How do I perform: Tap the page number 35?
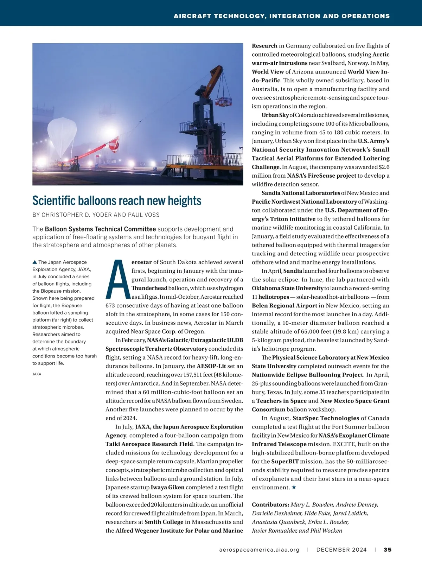(x=388, y=550)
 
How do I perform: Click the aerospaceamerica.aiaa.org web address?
(x=259, y=550)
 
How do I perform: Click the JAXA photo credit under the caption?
(x=37, y=374)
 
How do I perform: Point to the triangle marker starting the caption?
(x=34, y=262)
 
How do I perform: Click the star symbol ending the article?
(x=294, y=487)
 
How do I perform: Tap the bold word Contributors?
(x=270, y=504)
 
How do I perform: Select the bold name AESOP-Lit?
(x=211, y=366)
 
